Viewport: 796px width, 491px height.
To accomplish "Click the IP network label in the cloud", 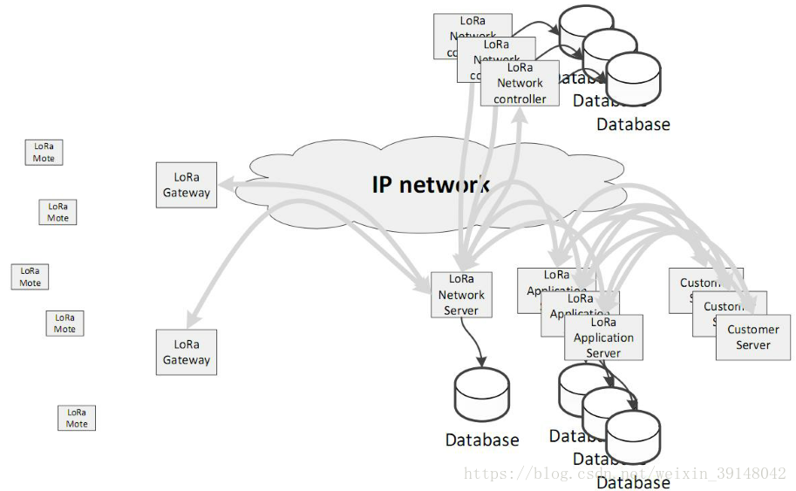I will pos(431,185).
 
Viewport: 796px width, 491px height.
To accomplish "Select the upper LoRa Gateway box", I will pos(187,185).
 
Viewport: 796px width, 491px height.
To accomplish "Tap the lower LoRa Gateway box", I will pos(187,352).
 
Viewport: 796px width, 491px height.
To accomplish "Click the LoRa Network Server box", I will pos(461,295).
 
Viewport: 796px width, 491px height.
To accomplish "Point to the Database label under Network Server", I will pos(481,440).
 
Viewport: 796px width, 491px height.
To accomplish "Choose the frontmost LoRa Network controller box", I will pos(520,84).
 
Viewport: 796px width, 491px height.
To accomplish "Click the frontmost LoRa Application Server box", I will pos(603,338).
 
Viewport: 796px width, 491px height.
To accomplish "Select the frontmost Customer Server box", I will pos(753,338).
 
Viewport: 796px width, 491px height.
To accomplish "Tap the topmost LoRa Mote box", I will pos(44,153).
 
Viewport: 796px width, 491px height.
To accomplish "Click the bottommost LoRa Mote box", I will pos(77,418).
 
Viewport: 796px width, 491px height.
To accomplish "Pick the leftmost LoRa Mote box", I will pos(31,276).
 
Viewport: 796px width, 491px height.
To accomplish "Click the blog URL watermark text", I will pos(624,474).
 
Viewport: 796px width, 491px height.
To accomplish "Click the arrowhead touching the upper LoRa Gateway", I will pos(222,184).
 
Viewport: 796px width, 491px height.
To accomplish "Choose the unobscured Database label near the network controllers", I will pos(633,124).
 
